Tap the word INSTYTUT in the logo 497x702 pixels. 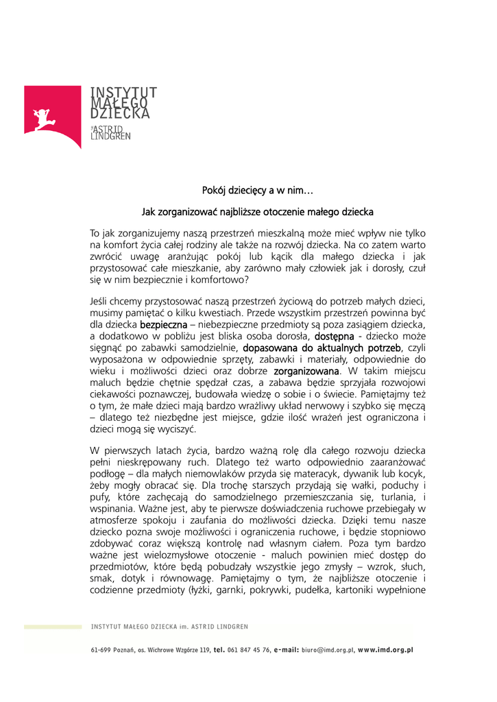[124, 92]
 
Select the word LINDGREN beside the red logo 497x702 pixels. [111, 136]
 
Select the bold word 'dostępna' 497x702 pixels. [334, 337]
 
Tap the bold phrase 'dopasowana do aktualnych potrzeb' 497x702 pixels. [322, 348]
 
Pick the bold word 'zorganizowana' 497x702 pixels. [306, 371]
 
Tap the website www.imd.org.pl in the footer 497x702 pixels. [385, 650]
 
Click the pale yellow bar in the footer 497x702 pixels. [53, 627]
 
